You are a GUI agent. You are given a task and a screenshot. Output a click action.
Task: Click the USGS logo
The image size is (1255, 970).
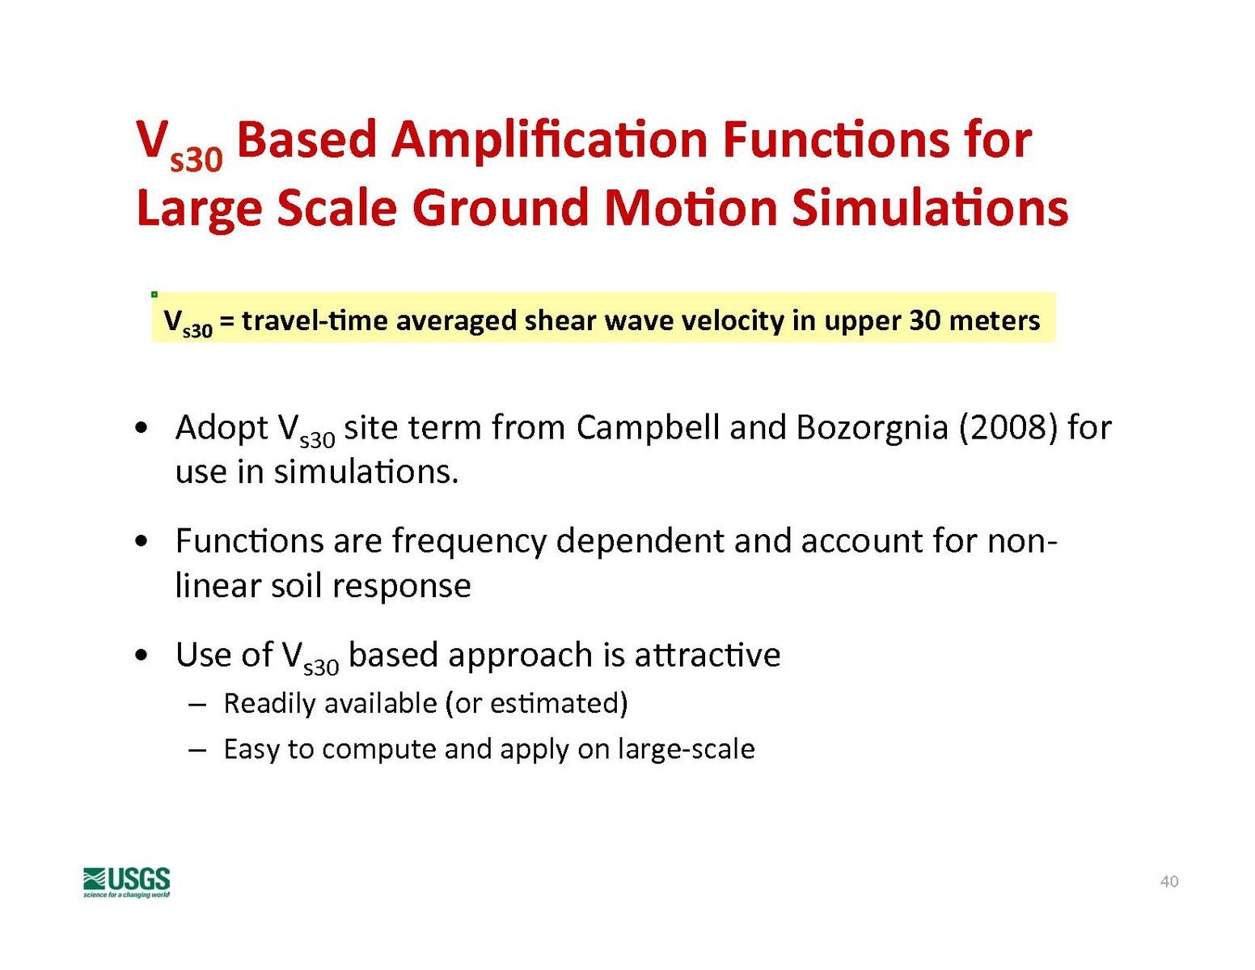pyautogui.click(x=126, y=882)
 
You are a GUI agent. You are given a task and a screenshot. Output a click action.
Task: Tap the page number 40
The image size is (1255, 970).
pyautogui.click(x=1169, y=882)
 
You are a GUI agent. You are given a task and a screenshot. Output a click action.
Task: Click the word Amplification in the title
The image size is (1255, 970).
pyautogui.click(x=549, y=142)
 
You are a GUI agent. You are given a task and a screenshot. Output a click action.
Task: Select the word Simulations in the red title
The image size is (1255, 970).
pyautogui.click(x=930, y=209)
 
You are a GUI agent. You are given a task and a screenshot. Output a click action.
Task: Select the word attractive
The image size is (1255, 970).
pyautogui.click(x=707, y=656)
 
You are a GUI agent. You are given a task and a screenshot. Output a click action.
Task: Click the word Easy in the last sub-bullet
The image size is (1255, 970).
pyautogui.click(x=251, y=750)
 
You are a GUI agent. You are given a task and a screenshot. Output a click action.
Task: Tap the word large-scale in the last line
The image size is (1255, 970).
pyautogui.click(x=686, y=750)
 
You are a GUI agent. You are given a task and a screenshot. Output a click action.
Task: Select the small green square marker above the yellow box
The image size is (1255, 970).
pyautogui.click(x=154, y=294)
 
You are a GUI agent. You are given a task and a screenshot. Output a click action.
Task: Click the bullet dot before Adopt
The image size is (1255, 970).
pyautogui.click(x=140, y=430)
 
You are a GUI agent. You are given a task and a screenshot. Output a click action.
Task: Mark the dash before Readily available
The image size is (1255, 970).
pyautogui.click(x=197, y=705)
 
